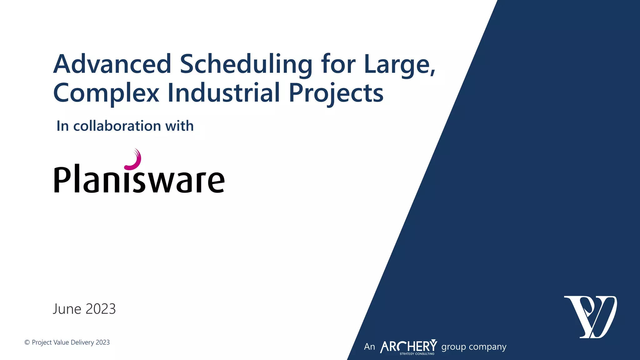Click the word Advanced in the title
click(112, 64)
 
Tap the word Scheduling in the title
click(246, 65)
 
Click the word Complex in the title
click(106, 93)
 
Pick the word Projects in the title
click(336, 93)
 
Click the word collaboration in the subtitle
click(117, 126)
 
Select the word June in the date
click(67, 309)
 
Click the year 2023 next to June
click(101, 309)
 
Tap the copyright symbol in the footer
click(27, 342)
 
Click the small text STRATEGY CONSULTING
click(417, 354)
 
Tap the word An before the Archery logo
click(369, 347)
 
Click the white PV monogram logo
click(590, 317)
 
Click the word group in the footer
click(453, 347)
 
